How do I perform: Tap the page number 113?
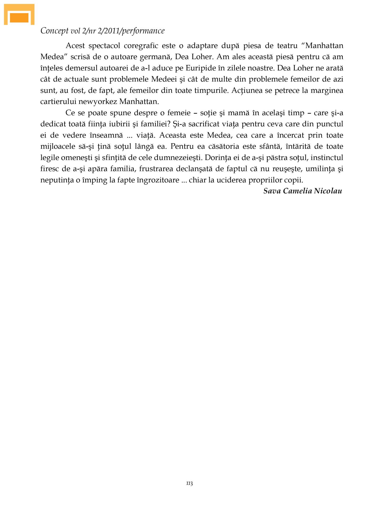click(x=189, y=483)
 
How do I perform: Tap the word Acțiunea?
click(x=247, y=90)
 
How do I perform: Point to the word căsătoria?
click(x=223, y=146)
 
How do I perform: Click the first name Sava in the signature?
click(x=272, y=191)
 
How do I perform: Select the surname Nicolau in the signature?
click(x=328, y=191)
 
